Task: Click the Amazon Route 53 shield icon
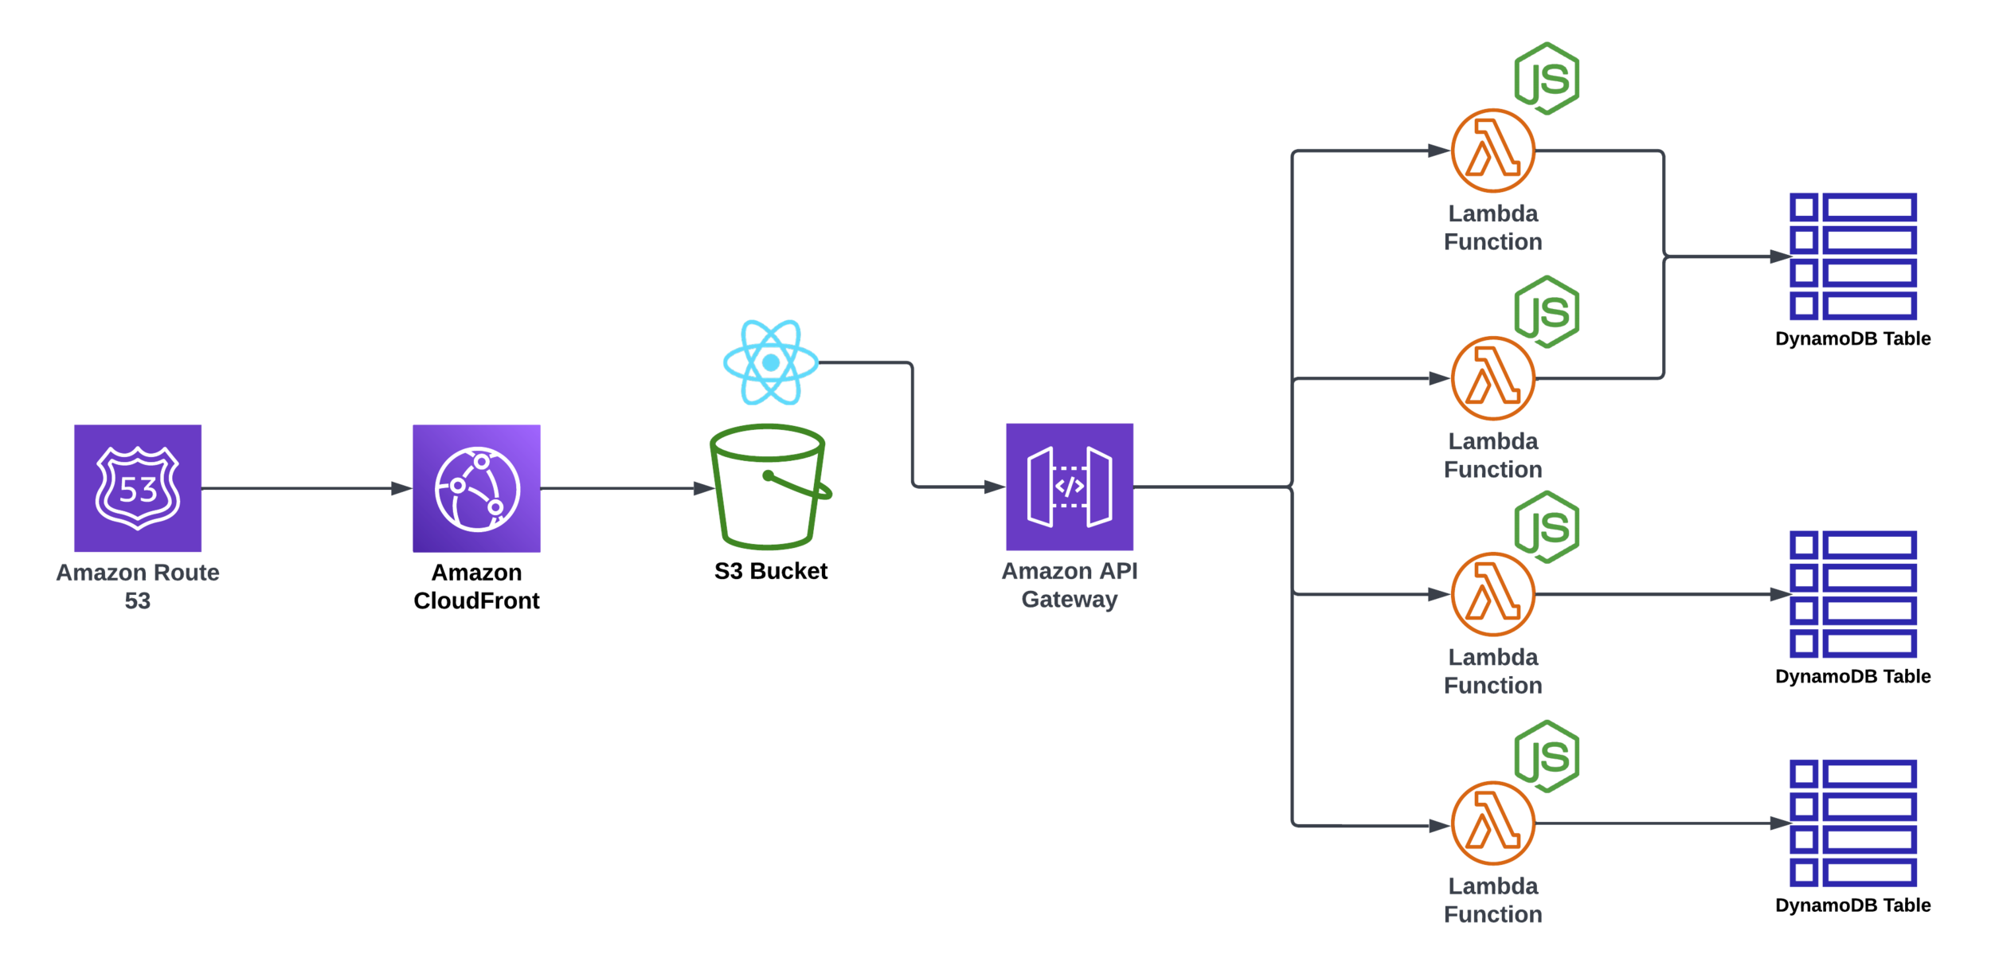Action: click(x=138, y=488)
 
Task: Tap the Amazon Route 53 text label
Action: click(x=138, y=586)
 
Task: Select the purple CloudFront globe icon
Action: click(x=476, y=488)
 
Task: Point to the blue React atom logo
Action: click(x=770, y=362)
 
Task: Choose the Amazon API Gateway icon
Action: click(x=1069, y=487)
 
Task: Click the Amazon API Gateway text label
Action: click(x=1069, y=585)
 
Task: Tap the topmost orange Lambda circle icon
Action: click(x=1492, y=151)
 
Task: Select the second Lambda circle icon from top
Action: click(x=1492, y=378)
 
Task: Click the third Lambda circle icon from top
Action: click(x=1492, y=594)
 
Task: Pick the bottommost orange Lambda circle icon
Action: click(x=1492, y=823)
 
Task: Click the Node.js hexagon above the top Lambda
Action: click(x=1547, y=78)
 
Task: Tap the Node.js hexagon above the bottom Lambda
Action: click(x=1547, y=756)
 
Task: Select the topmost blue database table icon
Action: click(x=1853, y=256)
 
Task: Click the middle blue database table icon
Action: click(x=1853, y=594)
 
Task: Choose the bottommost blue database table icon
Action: click(x=1853, y=823)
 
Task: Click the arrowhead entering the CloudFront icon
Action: click(x=401, y=488)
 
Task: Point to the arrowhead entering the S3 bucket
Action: click(x=702, y=488)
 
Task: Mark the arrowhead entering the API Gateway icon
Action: click(x=993, y=487)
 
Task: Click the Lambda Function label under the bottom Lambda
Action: click(x=1492, y=900)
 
